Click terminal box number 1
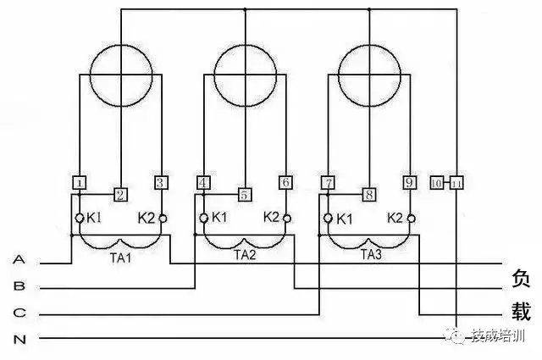tap(79, 182)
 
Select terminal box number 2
tap(120, 195)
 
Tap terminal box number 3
tap(161, 182)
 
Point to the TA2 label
tap(245, 255)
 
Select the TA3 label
tap(370, 254)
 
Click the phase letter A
tap(19, 259)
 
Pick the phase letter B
tap(19, 286)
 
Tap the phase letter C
tap(19, 313)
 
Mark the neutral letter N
tap(19, 340)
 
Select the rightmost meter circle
tap(369, 73)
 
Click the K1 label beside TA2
tap(219, 218)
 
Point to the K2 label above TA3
tap(395, 218)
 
